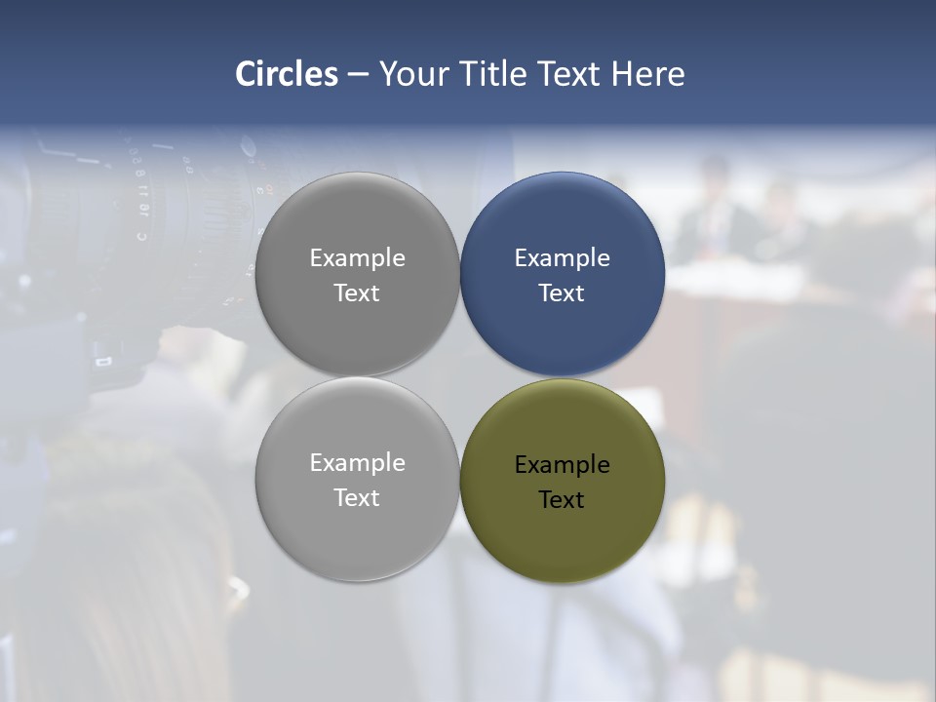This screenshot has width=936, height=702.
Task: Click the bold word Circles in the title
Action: (287, 74)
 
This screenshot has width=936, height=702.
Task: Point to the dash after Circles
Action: (358, 75)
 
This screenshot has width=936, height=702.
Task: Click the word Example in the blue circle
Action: (562, 258)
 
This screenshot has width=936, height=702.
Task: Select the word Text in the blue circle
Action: (562, 293)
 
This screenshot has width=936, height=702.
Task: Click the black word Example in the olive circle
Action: (562, 465)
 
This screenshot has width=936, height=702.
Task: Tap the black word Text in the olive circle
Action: (562, 500)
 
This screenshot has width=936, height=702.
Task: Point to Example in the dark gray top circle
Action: (357, 258)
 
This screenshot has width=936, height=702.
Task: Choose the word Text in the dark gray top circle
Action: (357, 293)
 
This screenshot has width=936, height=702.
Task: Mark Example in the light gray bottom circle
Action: (357, 463)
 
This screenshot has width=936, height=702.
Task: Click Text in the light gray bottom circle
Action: (357, 498)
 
